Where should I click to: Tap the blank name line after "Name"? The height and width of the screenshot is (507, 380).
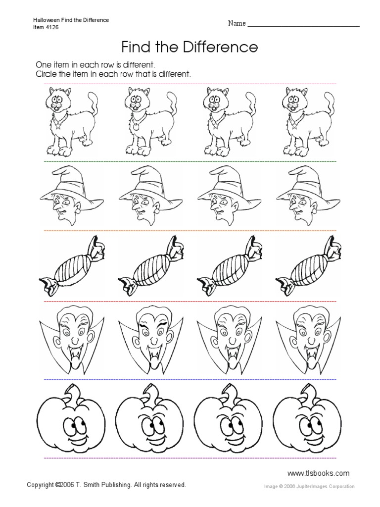303,24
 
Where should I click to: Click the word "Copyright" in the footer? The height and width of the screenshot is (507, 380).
41,486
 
